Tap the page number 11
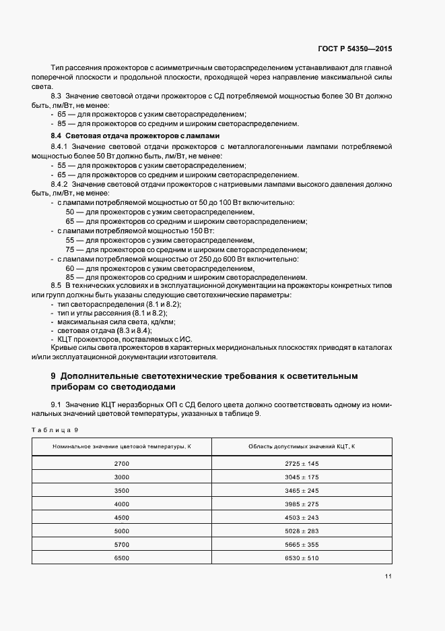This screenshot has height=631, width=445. tap(388, 576)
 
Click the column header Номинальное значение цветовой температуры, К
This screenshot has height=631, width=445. tap(122, 447)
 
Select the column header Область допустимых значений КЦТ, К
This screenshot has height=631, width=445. tap(302, 447)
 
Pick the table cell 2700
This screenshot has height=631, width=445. tap(122, 464)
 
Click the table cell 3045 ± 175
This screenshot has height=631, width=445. tap(302, 477)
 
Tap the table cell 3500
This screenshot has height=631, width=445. tap(122, 491)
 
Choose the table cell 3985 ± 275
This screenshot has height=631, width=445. tap(302, 504)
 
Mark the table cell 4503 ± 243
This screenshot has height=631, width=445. tap(302, 518)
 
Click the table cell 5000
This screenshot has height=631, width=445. tap(122, 531)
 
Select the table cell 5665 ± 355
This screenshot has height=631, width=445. tap(302, 545)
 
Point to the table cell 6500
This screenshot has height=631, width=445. tap(122, 558)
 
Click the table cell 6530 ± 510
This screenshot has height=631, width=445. tap(302, 558)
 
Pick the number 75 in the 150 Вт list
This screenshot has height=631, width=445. tap(70, 249)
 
